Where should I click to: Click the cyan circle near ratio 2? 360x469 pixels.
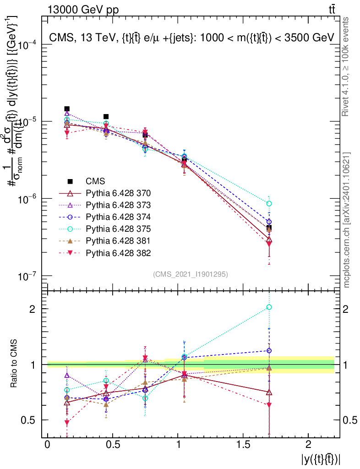pos(269,307)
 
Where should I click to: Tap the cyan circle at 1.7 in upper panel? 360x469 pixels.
pos(269,203)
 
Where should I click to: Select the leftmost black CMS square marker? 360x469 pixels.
pos(67,109)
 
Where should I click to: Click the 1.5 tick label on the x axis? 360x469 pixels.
pos(242,445)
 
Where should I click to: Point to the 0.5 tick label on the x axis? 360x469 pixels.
pos(112,445)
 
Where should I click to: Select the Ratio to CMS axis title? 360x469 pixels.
pos(14,364)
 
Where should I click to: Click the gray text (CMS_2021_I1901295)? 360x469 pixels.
pos(191,274)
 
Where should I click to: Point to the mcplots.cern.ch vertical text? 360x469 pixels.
pos(347,220)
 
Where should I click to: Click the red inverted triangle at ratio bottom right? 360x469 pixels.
pos(269,405)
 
